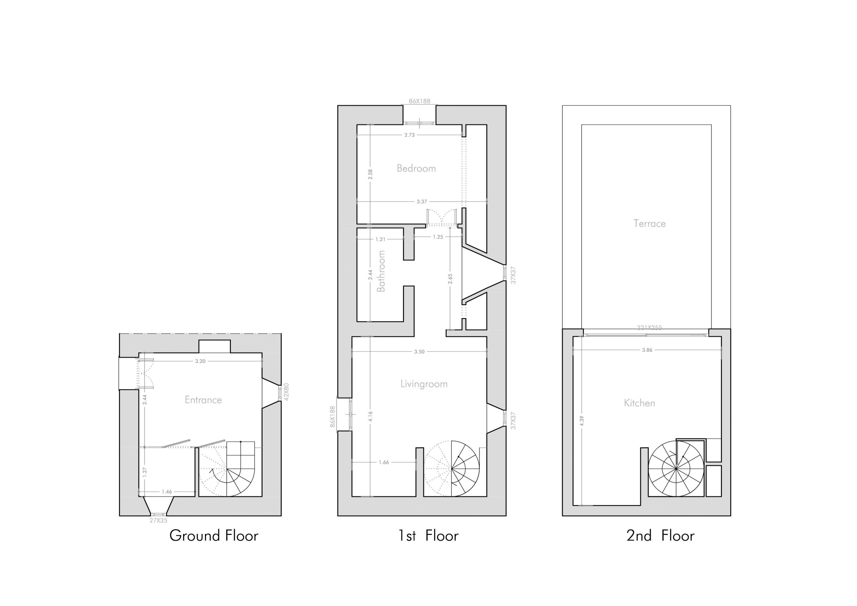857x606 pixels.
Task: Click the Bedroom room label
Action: coord(416,168)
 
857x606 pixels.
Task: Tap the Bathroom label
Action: coord(381,271)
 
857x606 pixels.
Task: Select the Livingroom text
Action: coord(424,384)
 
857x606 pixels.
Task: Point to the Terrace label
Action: coord(650,224)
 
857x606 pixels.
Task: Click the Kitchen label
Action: coord(639,403)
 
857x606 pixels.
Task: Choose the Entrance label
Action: coord(203,400)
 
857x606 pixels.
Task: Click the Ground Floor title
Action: coord(214,536)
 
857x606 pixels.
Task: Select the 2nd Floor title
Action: coord(660,536)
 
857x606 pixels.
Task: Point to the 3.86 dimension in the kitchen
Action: coord(647,350)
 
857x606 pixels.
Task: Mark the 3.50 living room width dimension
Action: coord(419,351)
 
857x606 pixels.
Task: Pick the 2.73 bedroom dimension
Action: coord(410,135)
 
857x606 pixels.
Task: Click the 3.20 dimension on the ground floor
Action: coord(200,361)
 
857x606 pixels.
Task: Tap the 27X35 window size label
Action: coord(158,520)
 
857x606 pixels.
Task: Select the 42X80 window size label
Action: coord(287,392)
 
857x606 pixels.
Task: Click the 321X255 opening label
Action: coord(650,328)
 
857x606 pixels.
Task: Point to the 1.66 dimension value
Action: coord(384,462)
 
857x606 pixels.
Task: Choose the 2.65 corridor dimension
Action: coord(450,278)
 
